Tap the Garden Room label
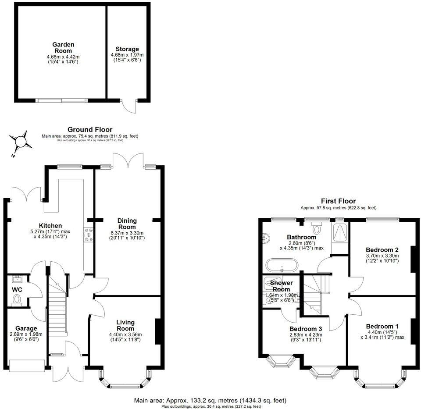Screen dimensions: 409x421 [63, 47]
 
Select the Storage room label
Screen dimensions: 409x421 [127, 49]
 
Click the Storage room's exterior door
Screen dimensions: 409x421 [130, 105]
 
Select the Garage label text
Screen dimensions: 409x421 [26, 328]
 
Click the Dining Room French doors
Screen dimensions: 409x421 [128, 160]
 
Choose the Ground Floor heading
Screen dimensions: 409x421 [89, 130]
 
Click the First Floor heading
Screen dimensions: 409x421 [338, 201]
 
